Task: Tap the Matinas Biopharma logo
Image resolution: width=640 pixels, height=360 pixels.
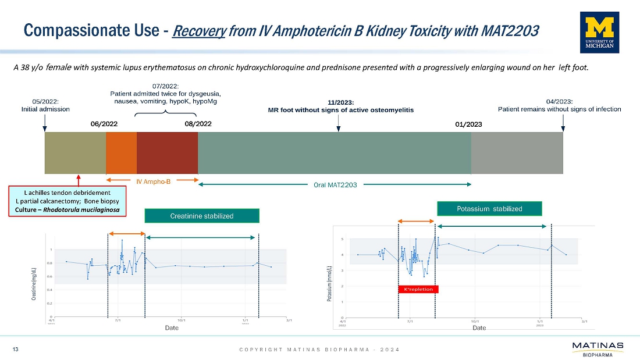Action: click(x=598, y=348)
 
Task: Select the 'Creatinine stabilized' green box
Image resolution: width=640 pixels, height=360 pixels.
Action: click(x=202, y=216)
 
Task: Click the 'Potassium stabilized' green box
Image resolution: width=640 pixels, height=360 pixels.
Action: click(x=489, y=208)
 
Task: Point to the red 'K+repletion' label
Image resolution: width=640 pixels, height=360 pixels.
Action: click(x=418, y=288)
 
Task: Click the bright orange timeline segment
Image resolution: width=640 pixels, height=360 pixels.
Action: click(x=121, y=153)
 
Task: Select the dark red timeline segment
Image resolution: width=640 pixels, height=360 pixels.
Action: click(x=167, y=153)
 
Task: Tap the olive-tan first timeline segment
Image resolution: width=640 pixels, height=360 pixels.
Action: click(x=75, y=153)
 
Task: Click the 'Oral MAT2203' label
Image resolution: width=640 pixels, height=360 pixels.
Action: click(x=335, y=184)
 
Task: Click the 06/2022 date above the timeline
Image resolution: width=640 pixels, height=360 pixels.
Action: click(x=104, y=123)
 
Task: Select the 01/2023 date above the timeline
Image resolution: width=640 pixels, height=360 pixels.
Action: click(x=469, y=123)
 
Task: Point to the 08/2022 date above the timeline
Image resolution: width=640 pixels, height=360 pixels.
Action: click(x=197, y=123)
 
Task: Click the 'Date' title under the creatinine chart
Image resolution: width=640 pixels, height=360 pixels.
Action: click(x=172, y=328)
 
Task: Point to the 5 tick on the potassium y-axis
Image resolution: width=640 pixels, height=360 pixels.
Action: click(x=342, y=239)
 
